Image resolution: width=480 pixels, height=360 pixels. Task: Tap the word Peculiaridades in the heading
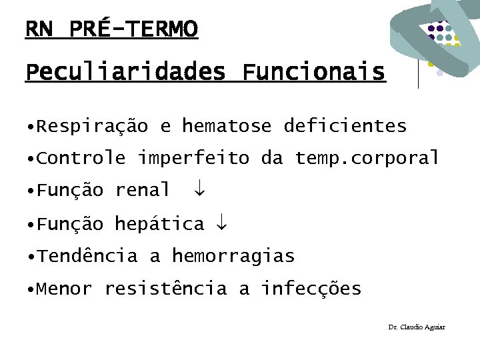coord(125,71)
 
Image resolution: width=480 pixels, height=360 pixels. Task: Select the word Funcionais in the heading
coord(313,71)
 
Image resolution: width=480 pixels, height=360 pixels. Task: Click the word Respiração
coord(93,125)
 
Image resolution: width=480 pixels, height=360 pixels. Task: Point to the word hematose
coord(227,125)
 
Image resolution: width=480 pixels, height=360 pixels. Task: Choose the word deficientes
coord(345,125)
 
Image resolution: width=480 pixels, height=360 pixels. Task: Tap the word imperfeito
coord(193,158)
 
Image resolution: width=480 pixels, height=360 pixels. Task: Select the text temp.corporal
coord(367,158)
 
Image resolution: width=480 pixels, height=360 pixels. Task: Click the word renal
coord(143,191)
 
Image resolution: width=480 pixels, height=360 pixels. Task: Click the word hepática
coord(159,223)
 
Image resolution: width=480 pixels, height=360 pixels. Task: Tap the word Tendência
coord(87,256)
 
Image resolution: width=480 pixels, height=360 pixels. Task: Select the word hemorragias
coord(233,256)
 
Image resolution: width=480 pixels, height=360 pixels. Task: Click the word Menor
coord(65,289)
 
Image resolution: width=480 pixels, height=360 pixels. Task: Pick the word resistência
coord(165,289)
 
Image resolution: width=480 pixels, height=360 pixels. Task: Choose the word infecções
coord(311,289)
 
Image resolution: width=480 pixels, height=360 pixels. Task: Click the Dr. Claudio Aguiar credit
coord(417,327)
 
